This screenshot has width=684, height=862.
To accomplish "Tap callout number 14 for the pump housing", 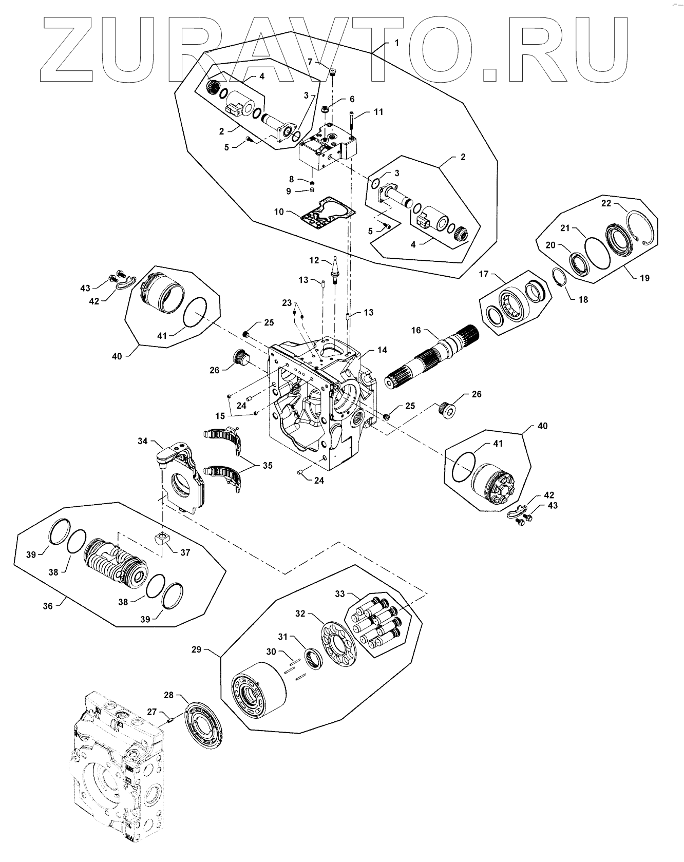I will [x=382, y=350].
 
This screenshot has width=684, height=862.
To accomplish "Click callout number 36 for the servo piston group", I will [x=48, y=606].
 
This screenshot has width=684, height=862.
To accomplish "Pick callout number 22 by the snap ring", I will [x=606, y=204].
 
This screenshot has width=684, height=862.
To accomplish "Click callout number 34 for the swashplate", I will [x=143, y=440].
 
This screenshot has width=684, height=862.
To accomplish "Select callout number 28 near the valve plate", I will [x=169, y=696].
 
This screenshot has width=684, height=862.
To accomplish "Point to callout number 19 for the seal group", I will [x=644, y=278].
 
